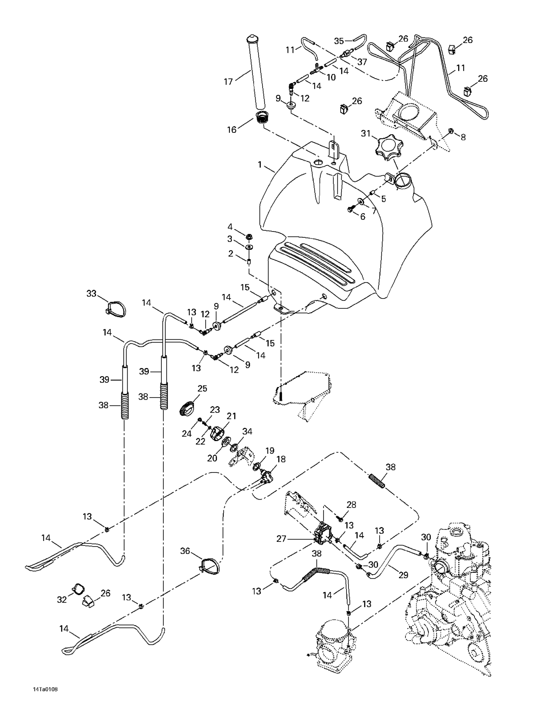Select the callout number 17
coord(228,81)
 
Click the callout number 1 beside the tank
coord(260,164)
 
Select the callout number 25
coord(202,388)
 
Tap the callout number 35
coord(339,41)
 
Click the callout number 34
coord(247,431)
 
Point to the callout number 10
coord(331,77)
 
